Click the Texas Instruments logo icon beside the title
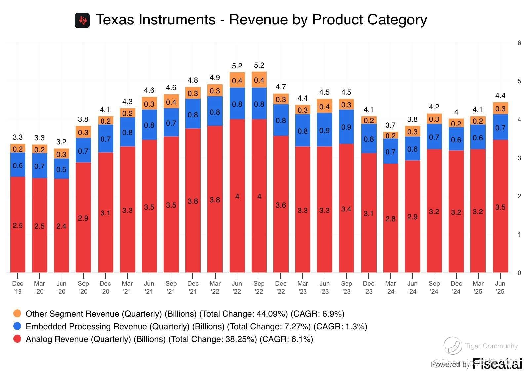click(x=82, y=21)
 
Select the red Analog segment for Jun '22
click(x=237, y=196)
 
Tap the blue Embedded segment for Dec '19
click(x=18, y=165)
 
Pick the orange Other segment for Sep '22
click(x=259, y=80)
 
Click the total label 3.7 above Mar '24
click(x=390, y=125)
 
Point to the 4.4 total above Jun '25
click(x=500, y=95)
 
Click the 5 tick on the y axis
click(x=519, y=81)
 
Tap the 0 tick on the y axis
click(x=519, y=273)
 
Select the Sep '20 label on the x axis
click(x=83, y=287)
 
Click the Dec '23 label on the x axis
click(x=368, y=287)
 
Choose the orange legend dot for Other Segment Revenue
click(x=17, y=313)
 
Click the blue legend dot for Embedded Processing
click(x=17, y=326)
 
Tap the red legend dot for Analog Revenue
click(x=17, y=339)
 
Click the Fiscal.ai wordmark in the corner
click(x=497, y=364)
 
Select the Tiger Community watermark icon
click(x=452, y=345)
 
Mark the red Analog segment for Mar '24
click(x=390, y=218)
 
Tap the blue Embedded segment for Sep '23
click(x=346, y=127)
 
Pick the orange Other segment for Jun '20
click(x=61, y=154)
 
